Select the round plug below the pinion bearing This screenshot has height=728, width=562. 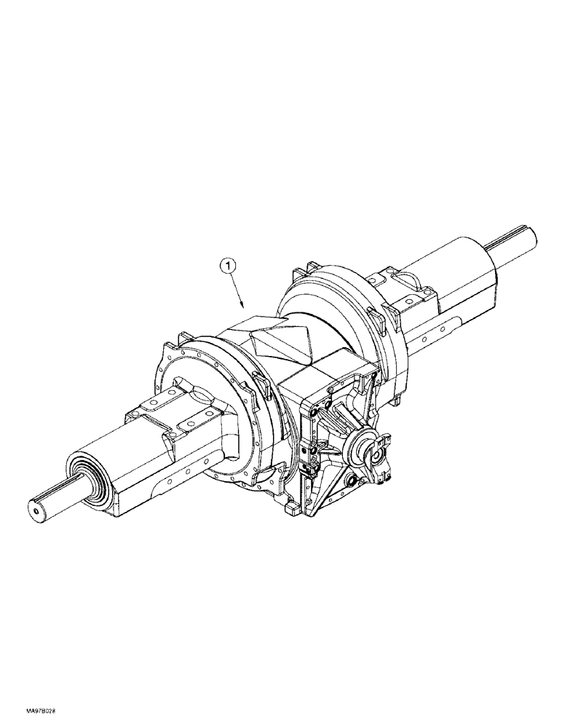click(352, 482)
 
